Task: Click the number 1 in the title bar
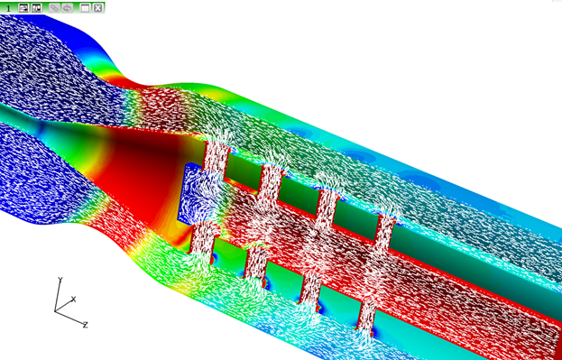(8, 8)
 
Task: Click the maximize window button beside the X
(85, 8)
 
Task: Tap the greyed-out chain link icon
(54, 8)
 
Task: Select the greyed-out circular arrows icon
(68, 8)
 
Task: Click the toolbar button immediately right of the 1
(23, 8)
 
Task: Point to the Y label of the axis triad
(60, 280)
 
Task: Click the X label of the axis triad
(73, 299)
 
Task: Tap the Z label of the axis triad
(86, 325)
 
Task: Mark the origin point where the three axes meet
(55, 311)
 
